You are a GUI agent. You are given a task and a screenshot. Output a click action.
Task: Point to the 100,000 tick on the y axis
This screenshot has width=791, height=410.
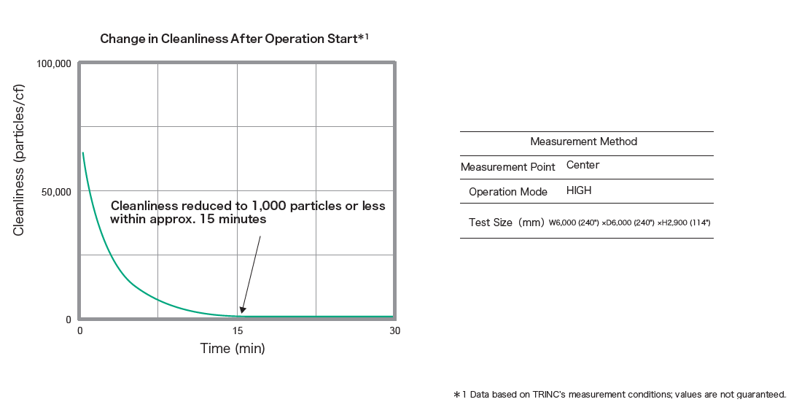[53, 64]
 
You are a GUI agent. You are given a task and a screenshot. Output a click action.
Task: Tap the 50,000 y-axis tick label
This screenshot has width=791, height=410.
[56, 192]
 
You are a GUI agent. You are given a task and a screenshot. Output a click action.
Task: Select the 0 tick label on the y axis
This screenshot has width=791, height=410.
[69, 320]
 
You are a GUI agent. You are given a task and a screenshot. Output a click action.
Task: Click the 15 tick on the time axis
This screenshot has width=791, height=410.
[237, 330]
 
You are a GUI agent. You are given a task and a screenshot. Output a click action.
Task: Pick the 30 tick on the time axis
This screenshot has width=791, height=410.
[394, 330]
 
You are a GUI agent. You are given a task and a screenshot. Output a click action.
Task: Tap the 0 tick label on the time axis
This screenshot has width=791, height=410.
[80, 330]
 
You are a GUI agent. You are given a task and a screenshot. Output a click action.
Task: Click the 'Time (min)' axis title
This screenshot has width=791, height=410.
[233, 349]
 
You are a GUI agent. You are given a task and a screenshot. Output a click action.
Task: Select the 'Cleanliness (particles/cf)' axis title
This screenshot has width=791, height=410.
[20, 160]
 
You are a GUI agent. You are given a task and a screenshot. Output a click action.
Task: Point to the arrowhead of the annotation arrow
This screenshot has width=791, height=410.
[243, 311]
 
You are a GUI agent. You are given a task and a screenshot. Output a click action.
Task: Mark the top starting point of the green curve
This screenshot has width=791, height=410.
[83, 153]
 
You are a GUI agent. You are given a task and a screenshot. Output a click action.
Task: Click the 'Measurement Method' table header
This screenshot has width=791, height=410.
[583, 142]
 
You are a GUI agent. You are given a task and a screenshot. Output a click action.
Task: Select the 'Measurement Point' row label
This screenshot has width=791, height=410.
[507, 167]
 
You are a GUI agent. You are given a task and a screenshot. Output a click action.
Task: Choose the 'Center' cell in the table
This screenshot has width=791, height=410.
[582, 165]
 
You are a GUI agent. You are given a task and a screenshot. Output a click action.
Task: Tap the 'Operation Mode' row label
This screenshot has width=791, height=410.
[507, 192]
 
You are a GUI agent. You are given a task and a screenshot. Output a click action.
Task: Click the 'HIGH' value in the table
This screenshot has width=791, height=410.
[579, 190]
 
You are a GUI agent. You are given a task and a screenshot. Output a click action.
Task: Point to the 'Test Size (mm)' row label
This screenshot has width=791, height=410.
[505, 222]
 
